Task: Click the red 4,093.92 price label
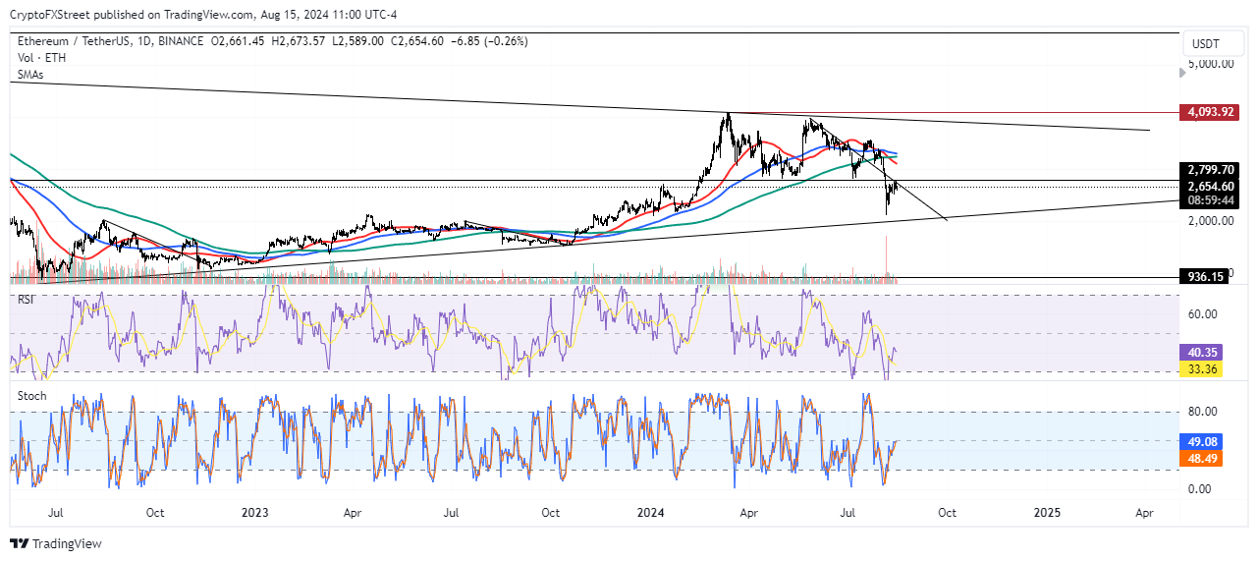(x=1210, y=112)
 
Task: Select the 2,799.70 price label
(x=1210, y=169)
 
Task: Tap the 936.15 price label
(x=1204, y=277)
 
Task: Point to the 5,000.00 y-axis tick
(x=1212, y=63)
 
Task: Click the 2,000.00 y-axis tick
(x=1212, y=221)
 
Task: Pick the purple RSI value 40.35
(x=1205, y=350)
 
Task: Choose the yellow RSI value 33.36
(x=1205, y=369)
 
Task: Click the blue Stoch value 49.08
(x=1205, y=442)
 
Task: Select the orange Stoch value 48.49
(x=1205, y=458)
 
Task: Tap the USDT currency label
(x=1205, y=44)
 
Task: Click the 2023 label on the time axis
(x=254, y=512)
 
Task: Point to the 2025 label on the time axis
(x=1047, y=512)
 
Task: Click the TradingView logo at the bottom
(x=56, y=543)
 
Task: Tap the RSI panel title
(x=26, y=299)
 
